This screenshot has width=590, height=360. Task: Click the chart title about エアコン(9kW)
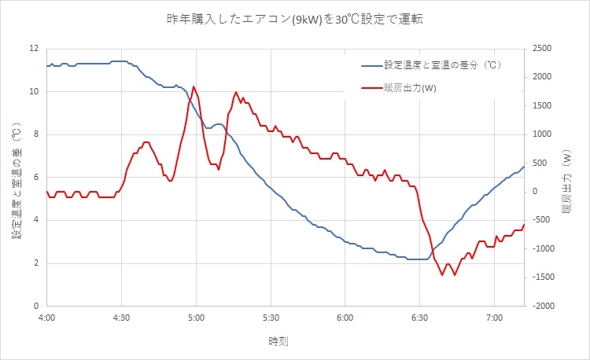pyautogui.click(x=294, y=17)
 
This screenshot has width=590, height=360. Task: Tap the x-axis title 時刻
pyautogui.click(x=278, y=341)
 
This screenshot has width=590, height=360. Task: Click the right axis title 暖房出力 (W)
pyautogui.click(x=566, y=177)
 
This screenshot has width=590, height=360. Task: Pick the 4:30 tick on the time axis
pyautogui.click(x=121, y=319)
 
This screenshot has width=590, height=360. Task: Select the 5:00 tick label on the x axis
pyautogui.click(x=196, y=319)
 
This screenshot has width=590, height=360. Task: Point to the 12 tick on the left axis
pyautogui.click(x=33, y=49)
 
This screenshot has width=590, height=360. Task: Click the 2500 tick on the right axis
pyautogui.click(x=542, y=49)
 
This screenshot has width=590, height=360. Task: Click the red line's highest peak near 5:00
pyautogui.click(x=194, y=86)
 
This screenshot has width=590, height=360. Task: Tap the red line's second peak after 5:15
pyautogui.click(x=237, y=93)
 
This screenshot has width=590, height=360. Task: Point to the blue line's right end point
pyautogui.click(x=524, y=166)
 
